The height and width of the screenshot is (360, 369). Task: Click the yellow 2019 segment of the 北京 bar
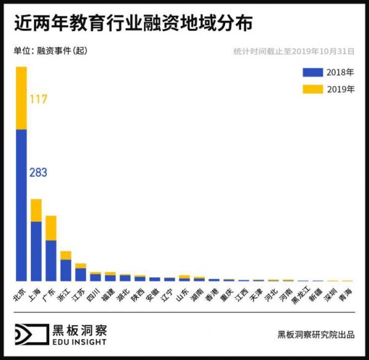coord(21,98)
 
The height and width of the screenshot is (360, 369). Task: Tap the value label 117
coord(38,99)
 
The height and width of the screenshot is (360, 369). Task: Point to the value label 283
coord(38,173)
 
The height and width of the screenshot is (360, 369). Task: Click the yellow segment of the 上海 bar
coord(36,210)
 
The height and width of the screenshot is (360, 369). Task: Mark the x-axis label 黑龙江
coord(299,296)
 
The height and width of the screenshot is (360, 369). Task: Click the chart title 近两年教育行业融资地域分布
coord(132,23)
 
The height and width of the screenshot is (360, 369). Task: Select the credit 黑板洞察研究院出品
coord(316,335)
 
